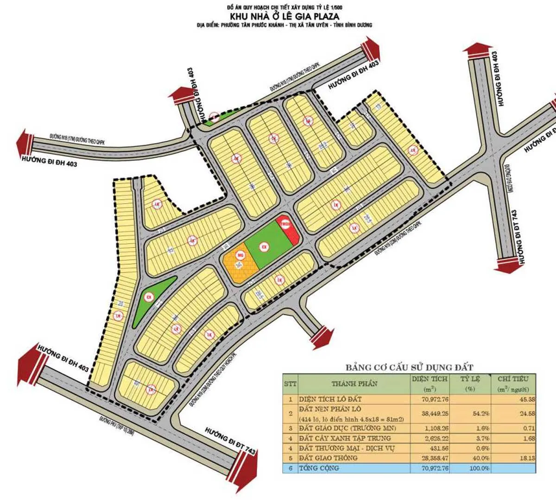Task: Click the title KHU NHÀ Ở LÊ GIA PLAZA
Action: pyautogui.click(x=284, y=16)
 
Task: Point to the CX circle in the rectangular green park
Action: pyautogui.click(x=264, y=247)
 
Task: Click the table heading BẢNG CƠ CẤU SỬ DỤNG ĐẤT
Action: pyautogui.click(x=409, y=368)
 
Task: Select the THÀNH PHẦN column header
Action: pyautogui.click(x=354, y=384)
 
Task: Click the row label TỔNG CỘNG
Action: pyautogui.click(x=319, y=468)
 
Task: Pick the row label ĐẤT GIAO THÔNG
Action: pyautogui.click(x=328, y=458)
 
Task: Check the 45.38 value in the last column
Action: pyautogui.click(x=527, y=399)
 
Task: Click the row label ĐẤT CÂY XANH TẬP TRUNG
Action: pyautogui.click(x=345, y=438)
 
